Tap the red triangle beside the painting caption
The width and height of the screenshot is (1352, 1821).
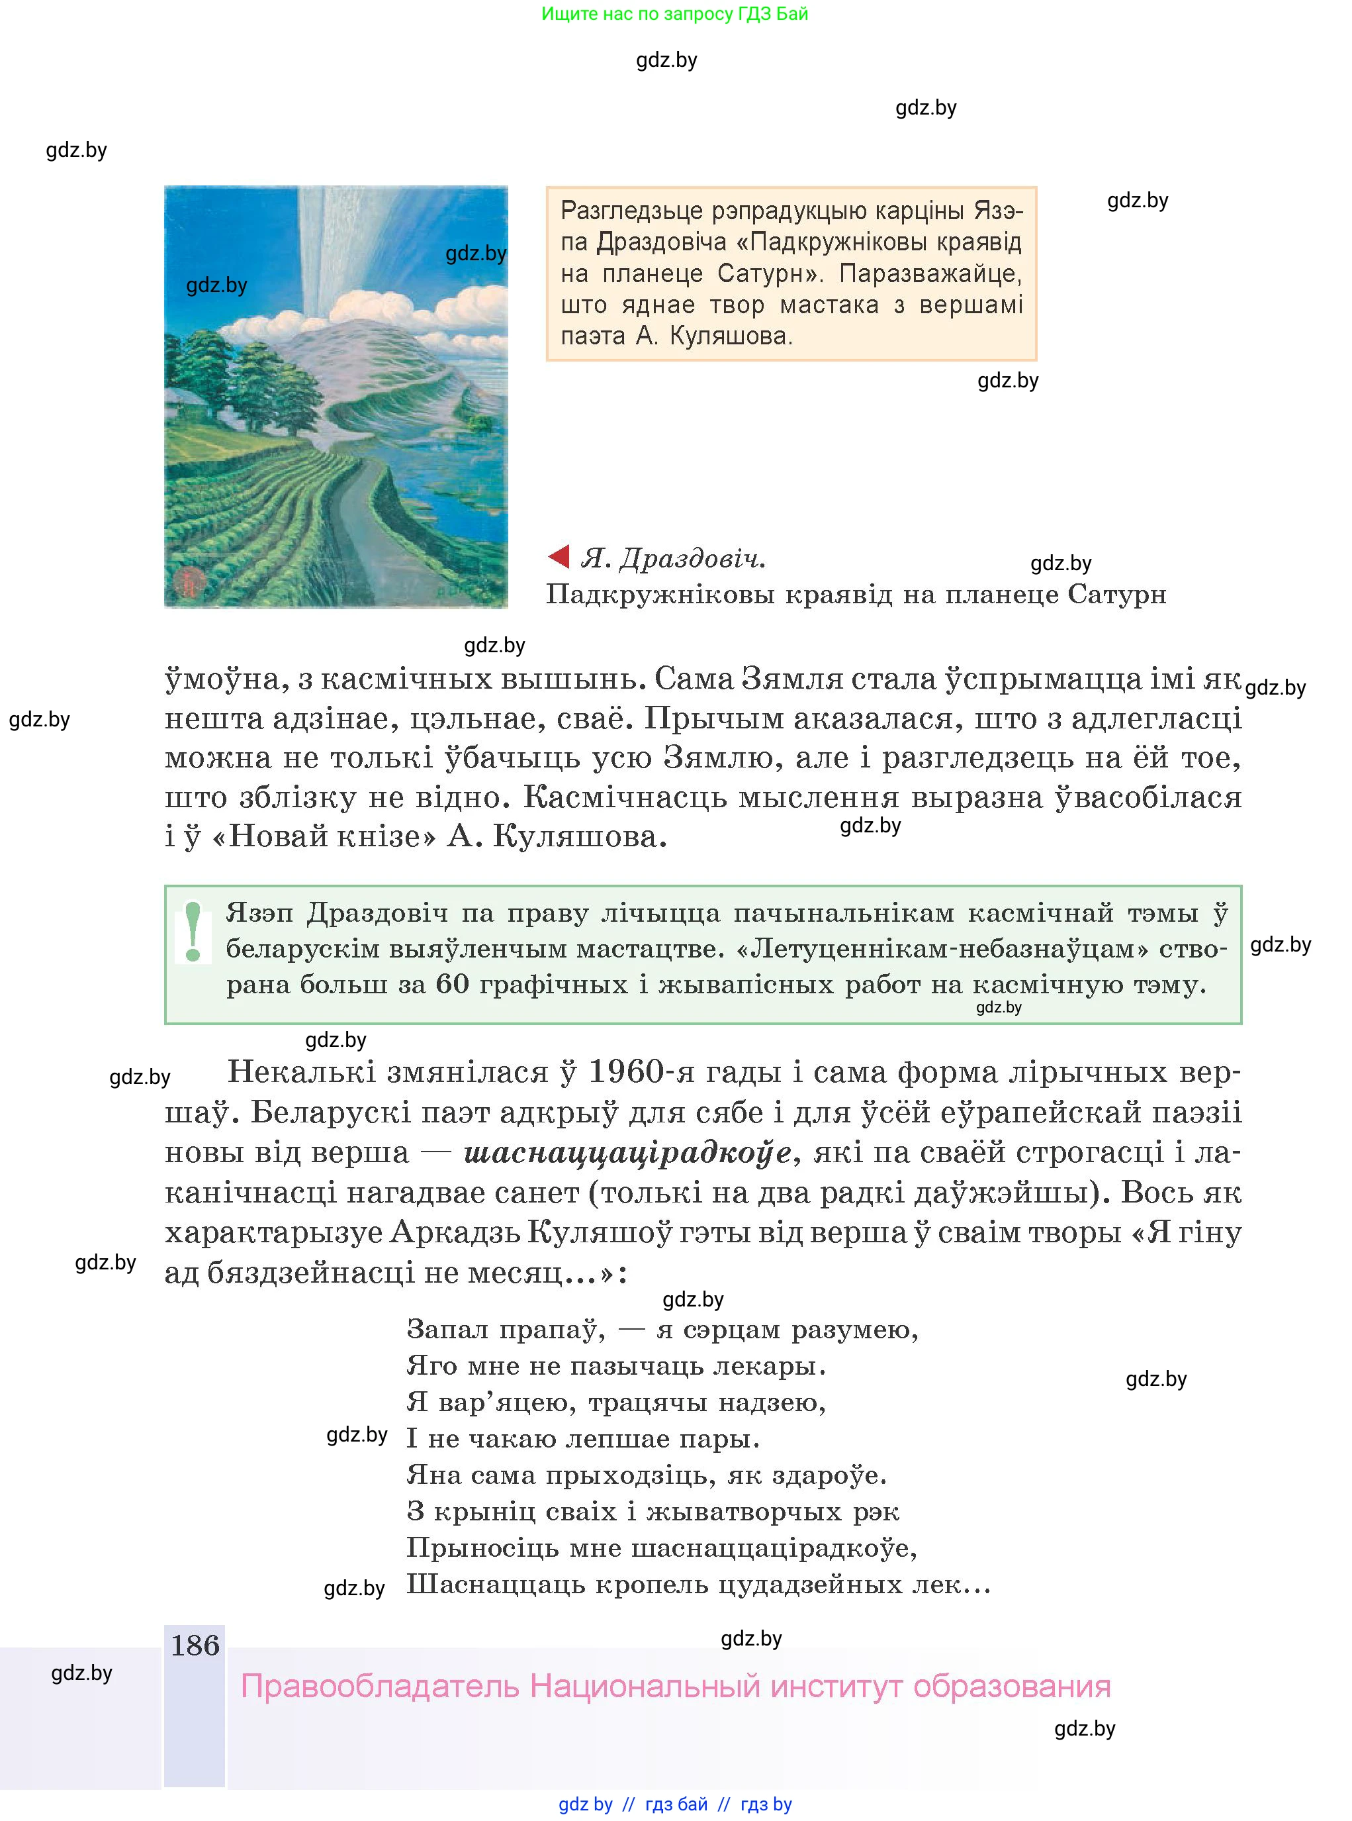pos(559,557)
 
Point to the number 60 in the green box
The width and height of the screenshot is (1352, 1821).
pos(452,983)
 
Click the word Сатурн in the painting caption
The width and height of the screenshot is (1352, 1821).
pos(1116,595)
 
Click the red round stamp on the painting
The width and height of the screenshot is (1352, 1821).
pos(187,581)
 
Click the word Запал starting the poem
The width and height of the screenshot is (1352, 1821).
pos(446,1329)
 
